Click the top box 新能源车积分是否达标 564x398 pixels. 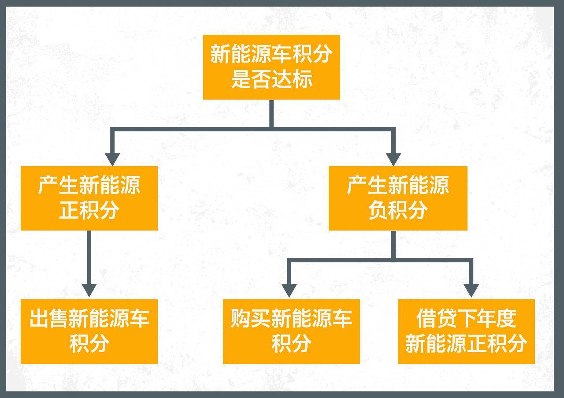271,67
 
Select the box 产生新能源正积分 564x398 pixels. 89,198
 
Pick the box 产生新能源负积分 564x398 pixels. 398,198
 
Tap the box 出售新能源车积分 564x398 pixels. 89,331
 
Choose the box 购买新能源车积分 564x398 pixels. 291,331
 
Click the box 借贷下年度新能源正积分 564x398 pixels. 466,331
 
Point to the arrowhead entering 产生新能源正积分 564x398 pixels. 112,160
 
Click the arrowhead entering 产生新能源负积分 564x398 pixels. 393,160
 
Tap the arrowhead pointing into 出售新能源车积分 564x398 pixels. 89,290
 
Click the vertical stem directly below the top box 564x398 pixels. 271,114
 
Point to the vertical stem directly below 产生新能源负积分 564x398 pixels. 393,245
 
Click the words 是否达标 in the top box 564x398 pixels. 272,79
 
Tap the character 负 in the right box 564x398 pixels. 378,210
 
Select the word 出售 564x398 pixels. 49,318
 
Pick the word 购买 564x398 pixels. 250,318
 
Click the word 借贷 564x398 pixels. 436,318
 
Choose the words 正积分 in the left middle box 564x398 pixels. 89,210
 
